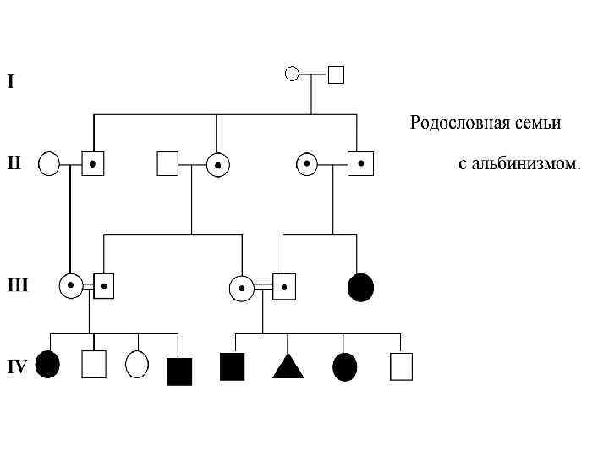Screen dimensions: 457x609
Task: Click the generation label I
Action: coord(10,82)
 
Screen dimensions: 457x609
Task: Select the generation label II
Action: coord(15,161)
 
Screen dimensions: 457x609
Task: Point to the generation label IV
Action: coord(17,366)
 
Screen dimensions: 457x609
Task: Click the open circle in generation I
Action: coord(292,74)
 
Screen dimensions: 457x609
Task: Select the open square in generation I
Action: coord(336,74)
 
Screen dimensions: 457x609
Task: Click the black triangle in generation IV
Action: coord(288,366)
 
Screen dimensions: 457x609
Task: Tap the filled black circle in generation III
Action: coord(360,288)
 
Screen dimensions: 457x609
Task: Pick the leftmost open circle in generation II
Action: coord(49,162)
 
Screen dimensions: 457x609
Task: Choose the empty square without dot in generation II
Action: coord(167,163)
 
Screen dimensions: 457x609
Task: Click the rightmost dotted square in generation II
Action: coord(361,162)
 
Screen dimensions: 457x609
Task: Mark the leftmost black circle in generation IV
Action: coord(48,365)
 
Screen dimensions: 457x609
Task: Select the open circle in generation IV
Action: coord(136,365)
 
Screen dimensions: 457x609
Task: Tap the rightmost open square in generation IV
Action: coord(401,366)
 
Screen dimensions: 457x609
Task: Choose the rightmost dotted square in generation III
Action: coord(285,286)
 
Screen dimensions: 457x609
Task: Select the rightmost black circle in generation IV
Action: coord(345,366)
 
